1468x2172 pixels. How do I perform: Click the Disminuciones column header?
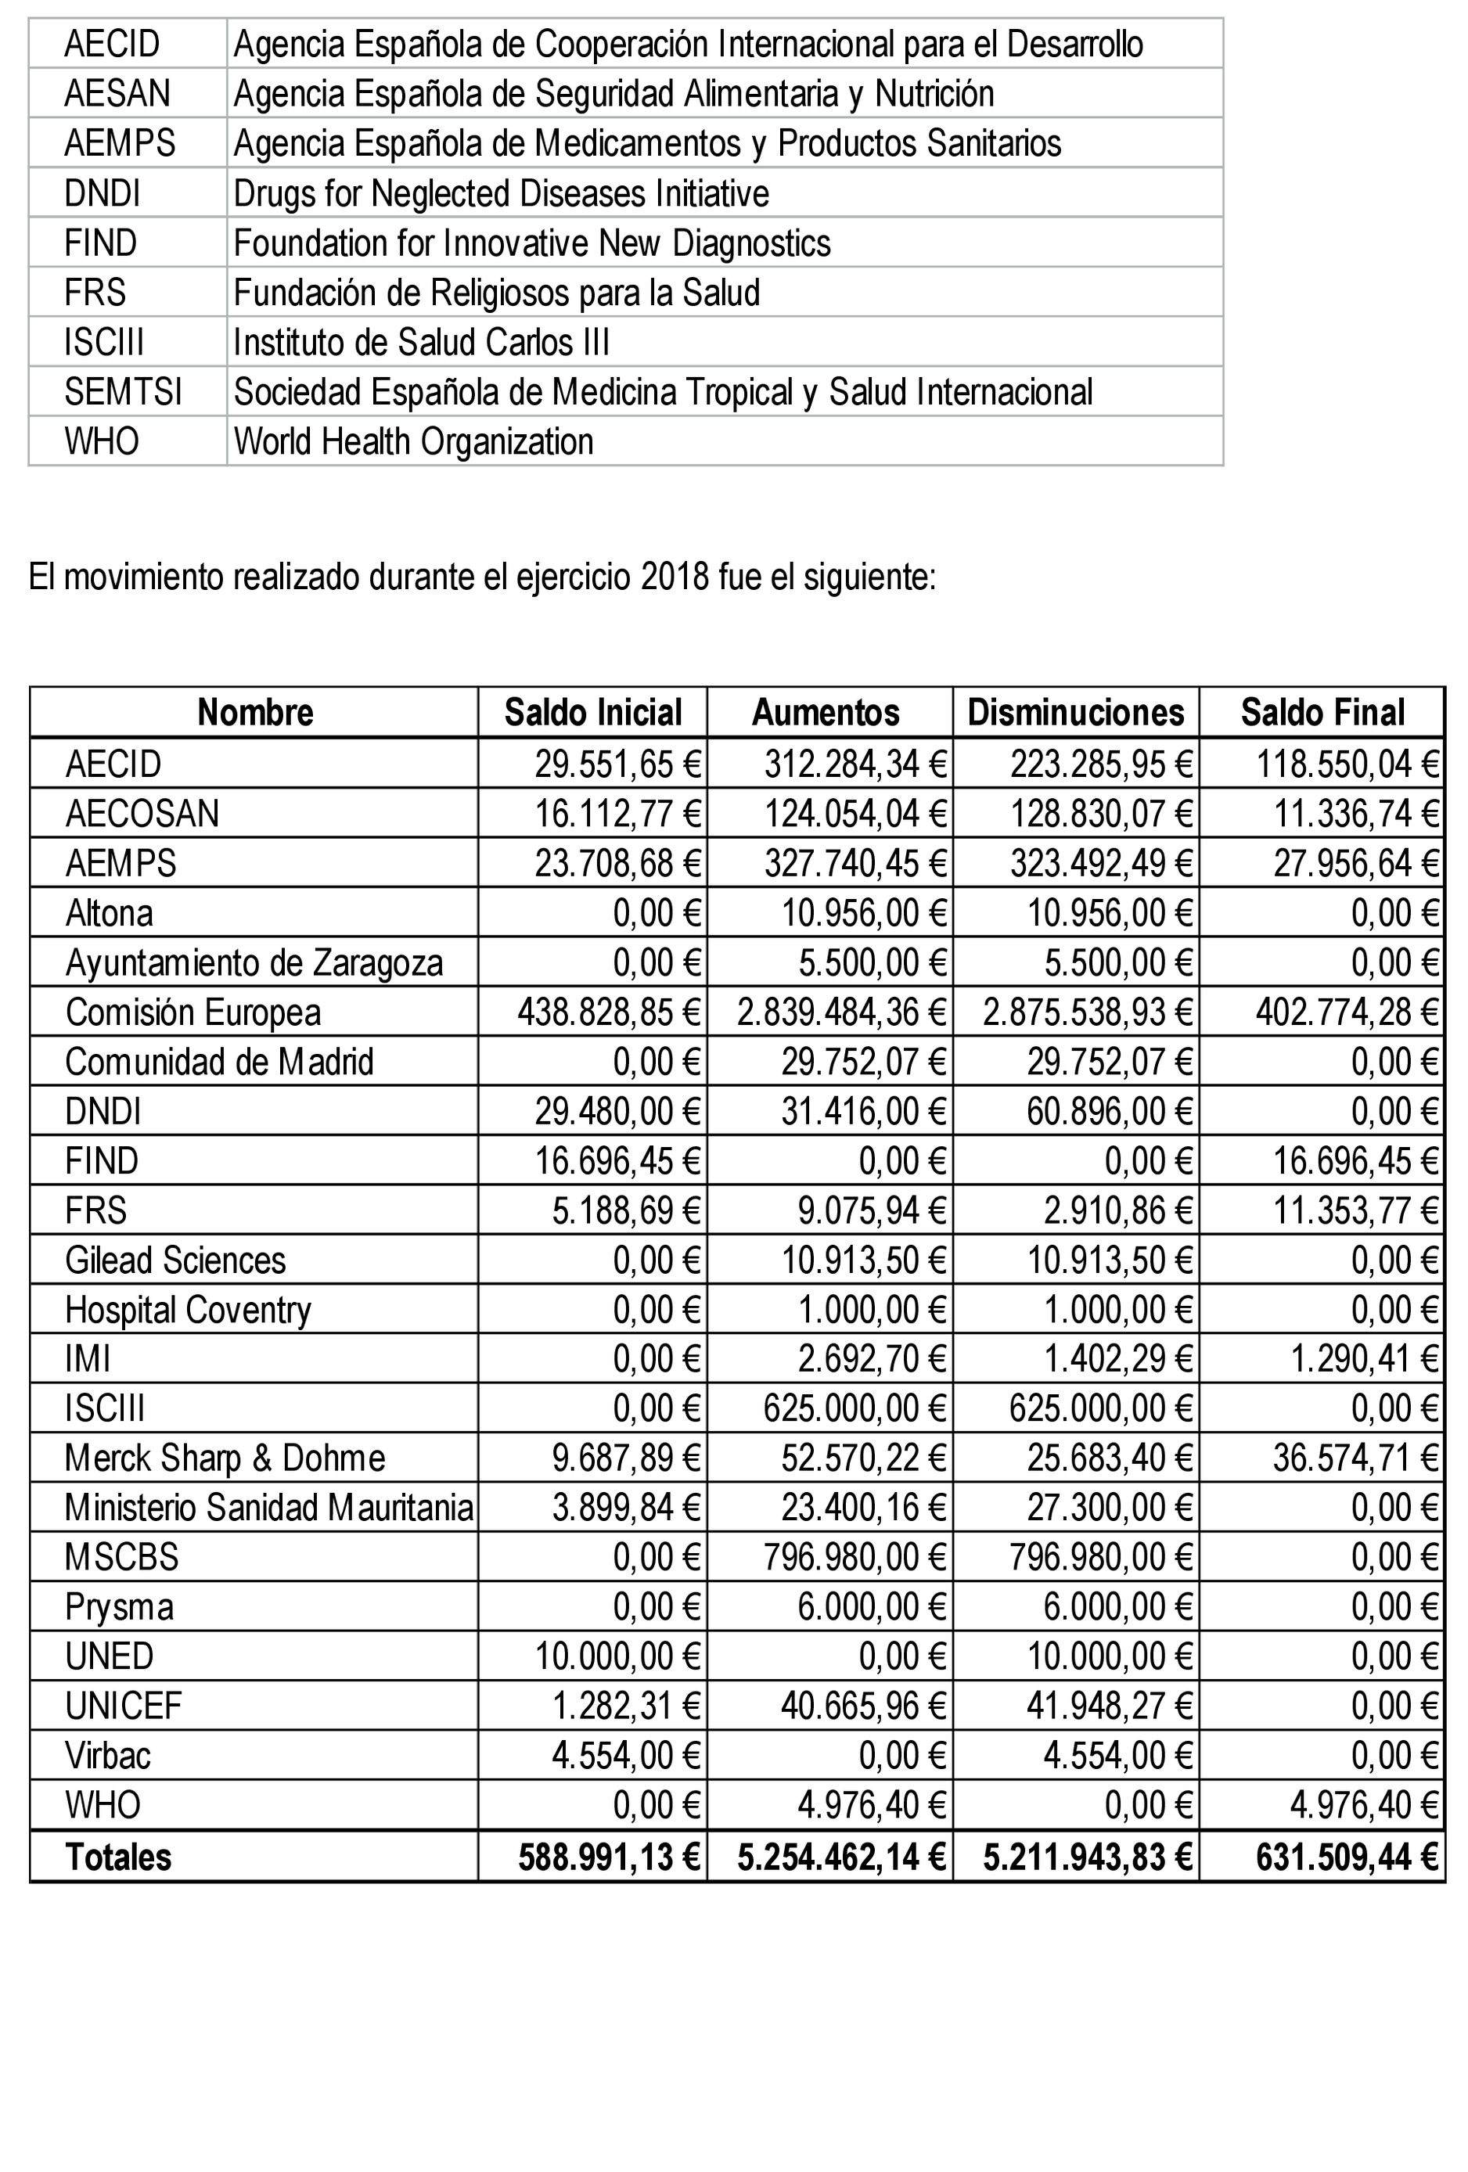[x=1074, y=713]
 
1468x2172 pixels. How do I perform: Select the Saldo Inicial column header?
[x=592, y=713]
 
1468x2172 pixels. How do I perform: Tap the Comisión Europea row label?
[x=193, y=1012]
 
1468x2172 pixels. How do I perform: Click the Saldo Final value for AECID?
[x=1347, y=764]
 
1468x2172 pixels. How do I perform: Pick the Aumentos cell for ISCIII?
[x=854, y=1408]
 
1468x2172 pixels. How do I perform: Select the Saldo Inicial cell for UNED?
[x=617, y=1657]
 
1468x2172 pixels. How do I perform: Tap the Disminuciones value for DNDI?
[x=1109, y=1111]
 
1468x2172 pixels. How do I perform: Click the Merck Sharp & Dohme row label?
[x=225, y=1458]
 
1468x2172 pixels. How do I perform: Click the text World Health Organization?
[x=413, y=441]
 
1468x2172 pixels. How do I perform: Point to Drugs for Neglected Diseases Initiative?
[x=501, y=193]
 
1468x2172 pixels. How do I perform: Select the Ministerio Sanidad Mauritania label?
[x=268, y=1508]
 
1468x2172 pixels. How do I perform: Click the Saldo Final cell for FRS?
[x=1355, y=1210]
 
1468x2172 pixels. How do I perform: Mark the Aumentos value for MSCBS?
[x=854, y=1557]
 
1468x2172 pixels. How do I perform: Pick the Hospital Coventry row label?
[x=188, y=1309]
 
